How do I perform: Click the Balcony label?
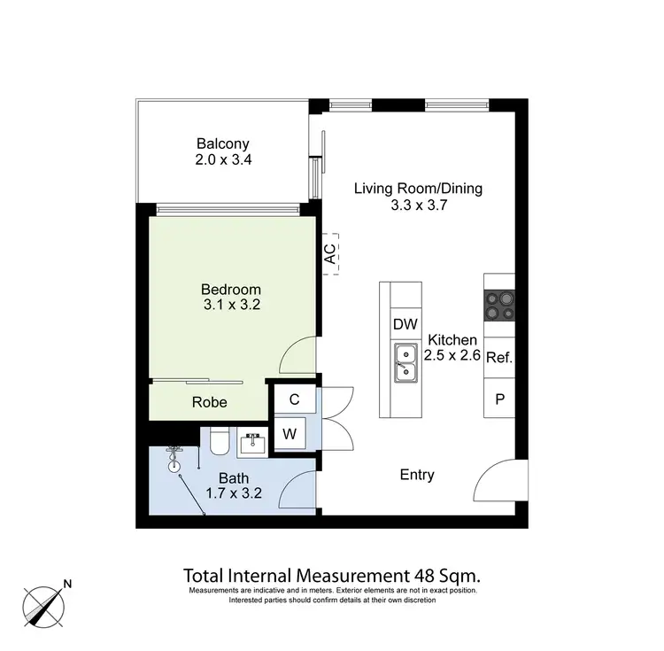point(223,143)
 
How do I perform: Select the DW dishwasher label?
point(405,324)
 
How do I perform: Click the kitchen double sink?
point(405,363)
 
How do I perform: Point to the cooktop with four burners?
point(499,306)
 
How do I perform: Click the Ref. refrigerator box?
point(499,359)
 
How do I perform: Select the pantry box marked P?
point(499,399)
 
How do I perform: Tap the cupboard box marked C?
point(294,399)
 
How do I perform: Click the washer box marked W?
point(290,434)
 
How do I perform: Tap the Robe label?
point(210,402)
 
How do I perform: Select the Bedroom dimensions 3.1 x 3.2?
point(230,306)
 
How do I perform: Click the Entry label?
point(417,475)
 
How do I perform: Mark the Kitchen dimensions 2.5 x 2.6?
point(452,357)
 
